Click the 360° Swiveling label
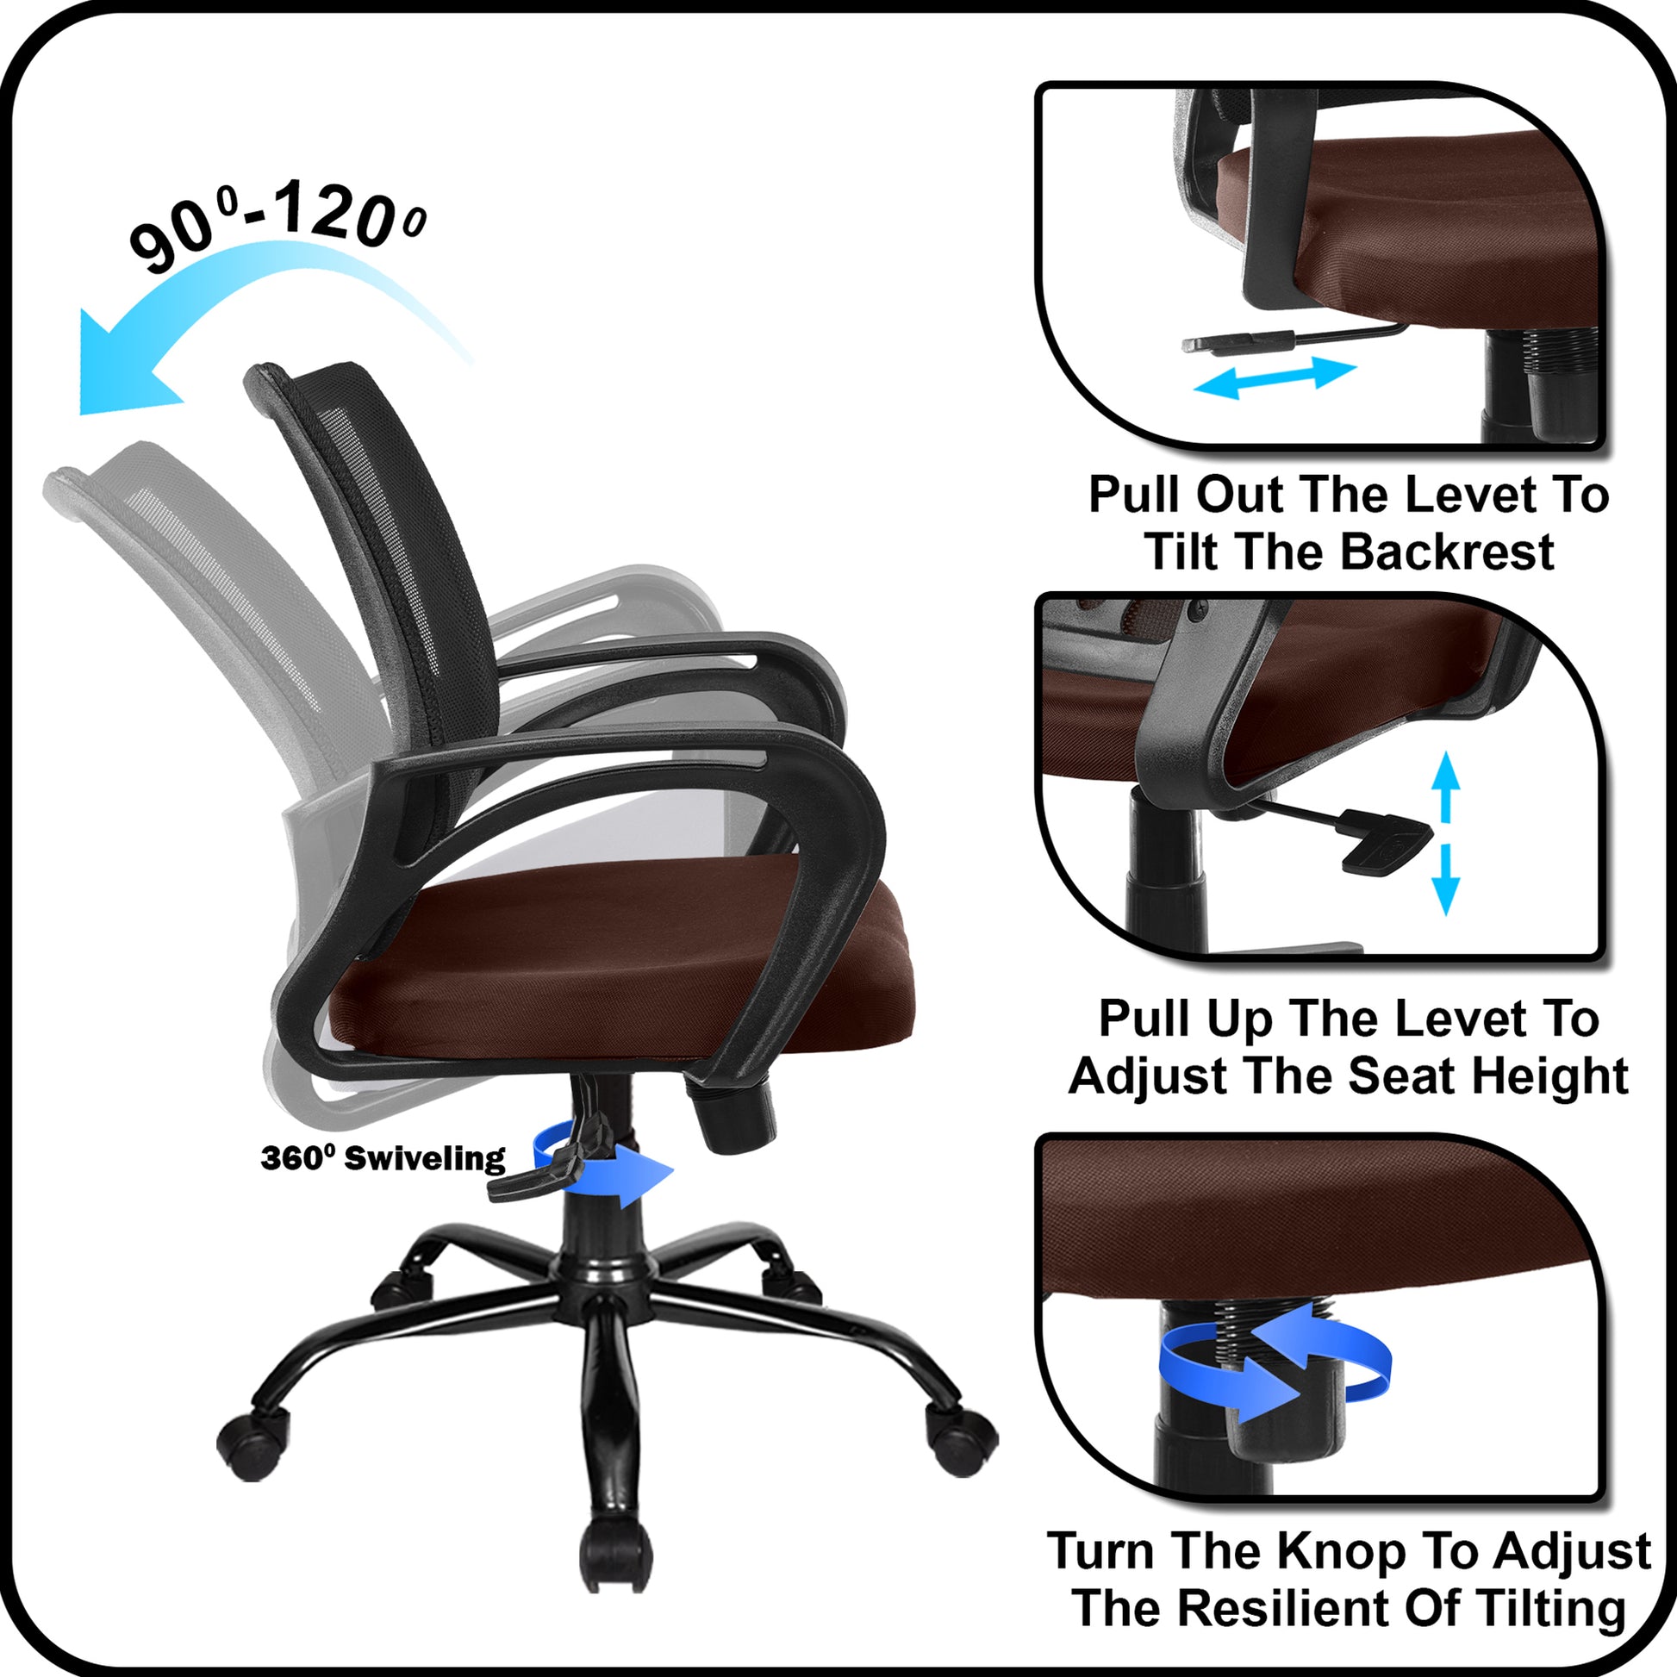click(383, 1158)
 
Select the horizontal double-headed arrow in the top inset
click(1275, 377)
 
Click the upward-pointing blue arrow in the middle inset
click(1445, 787)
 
